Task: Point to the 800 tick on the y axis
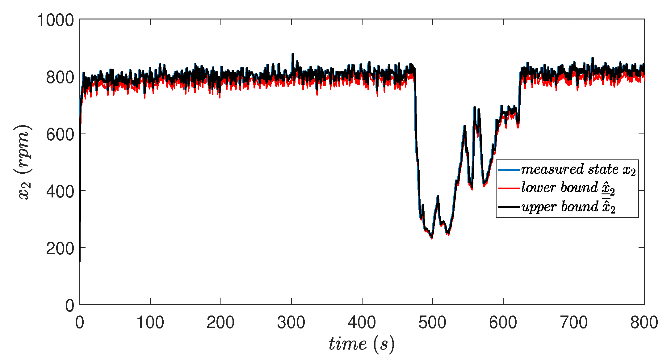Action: pyautogui.click(x=60, y=77)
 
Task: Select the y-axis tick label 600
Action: pyautogui.click(x=60, y=134)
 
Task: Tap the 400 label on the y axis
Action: pyautogui.click(x=60, y=192)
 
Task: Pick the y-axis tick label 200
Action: pyautogui.click(x=60, y=249)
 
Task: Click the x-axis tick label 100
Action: pyautogui.click(x=150, y=323)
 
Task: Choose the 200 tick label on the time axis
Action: pyautogui.click(x=220, y=323)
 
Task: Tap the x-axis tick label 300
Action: pyautogui.click(x=291, y=323)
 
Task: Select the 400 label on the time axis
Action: pyautogui.click(x=362, y=323)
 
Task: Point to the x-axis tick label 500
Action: pyautogui.click(x=432, y=323)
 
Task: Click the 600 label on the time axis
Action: pyautogui.click(x=503, y=323)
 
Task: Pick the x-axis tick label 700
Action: pyautogui.click(x=574, y=323)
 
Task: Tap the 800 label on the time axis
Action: pyautogui.click(x=644, y=323)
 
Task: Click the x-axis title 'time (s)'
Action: pyautogui.click(x=361, y=344)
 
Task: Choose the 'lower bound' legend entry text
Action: pyautogui.click(x=568, y=188)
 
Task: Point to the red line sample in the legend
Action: pyautogui.click(x=509, y=188)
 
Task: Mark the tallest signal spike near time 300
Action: pyautogui.click(x=292, y=54)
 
